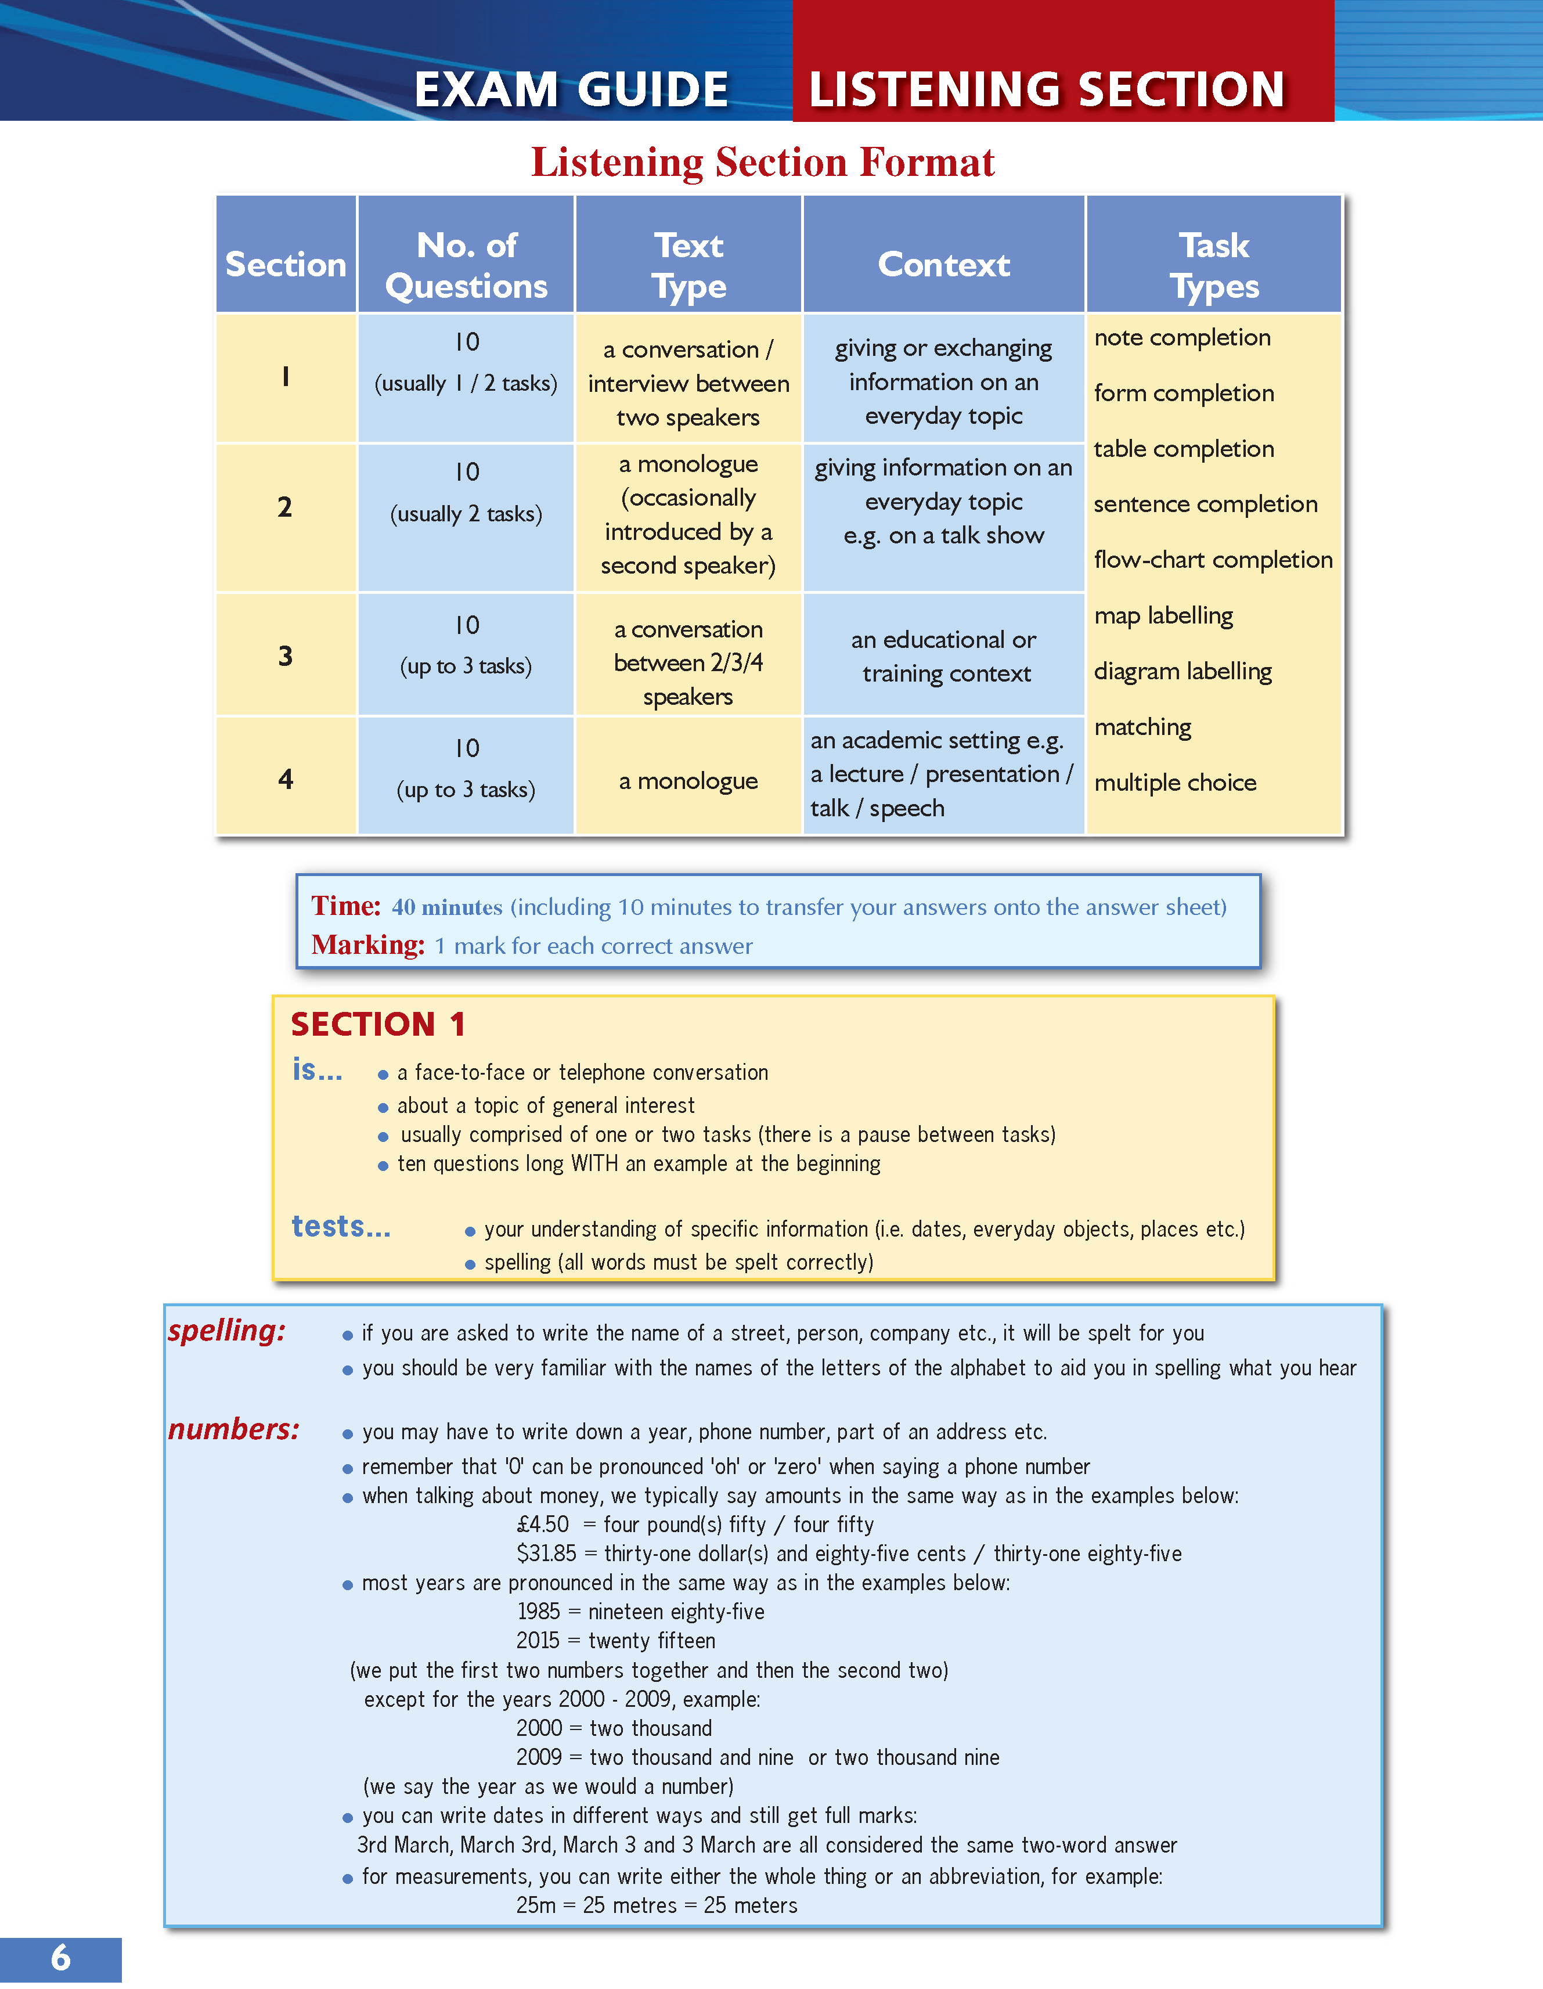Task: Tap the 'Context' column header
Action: (x=944, y=265)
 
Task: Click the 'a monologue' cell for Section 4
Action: (x=688, y=780)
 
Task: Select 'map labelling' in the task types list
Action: (x=1163, y=615)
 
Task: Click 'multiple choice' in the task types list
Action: (x=1175, y=782)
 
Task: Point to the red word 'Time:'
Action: (x=346, y=906)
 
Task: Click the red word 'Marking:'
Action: (x=368, y=945)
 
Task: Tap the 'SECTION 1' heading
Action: (x=378, y=1025)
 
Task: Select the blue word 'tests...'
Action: (x=341, y=1227)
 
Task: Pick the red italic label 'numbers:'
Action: (x=233, y=1429)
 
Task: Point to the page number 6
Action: (x=60, y=1957)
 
